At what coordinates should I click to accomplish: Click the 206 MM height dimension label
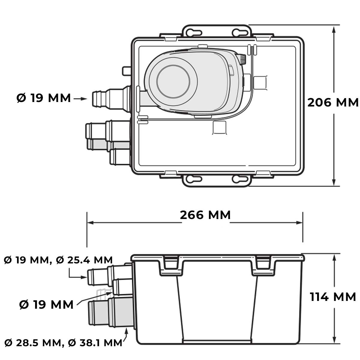pos(333,103)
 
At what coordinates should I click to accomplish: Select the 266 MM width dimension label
pos(205,215)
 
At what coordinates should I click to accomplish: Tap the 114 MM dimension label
pos(333,297)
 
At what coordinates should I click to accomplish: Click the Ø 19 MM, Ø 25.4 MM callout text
pos(58,260)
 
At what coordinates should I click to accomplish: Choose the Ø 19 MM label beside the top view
pos(44,98)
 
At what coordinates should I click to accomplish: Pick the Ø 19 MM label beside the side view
pos(46,305)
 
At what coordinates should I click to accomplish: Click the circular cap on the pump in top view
pos(173,82)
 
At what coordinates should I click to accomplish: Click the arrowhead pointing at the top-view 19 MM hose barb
pos(84,99)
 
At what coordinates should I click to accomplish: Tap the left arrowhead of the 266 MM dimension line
pos(90,223)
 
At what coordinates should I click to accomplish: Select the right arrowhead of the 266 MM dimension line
pos(299,223)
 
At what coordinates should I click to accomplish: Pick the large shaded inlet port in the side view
pos(111,313)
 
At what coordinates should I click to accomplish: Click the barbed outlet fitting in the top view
pos(111,99)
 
